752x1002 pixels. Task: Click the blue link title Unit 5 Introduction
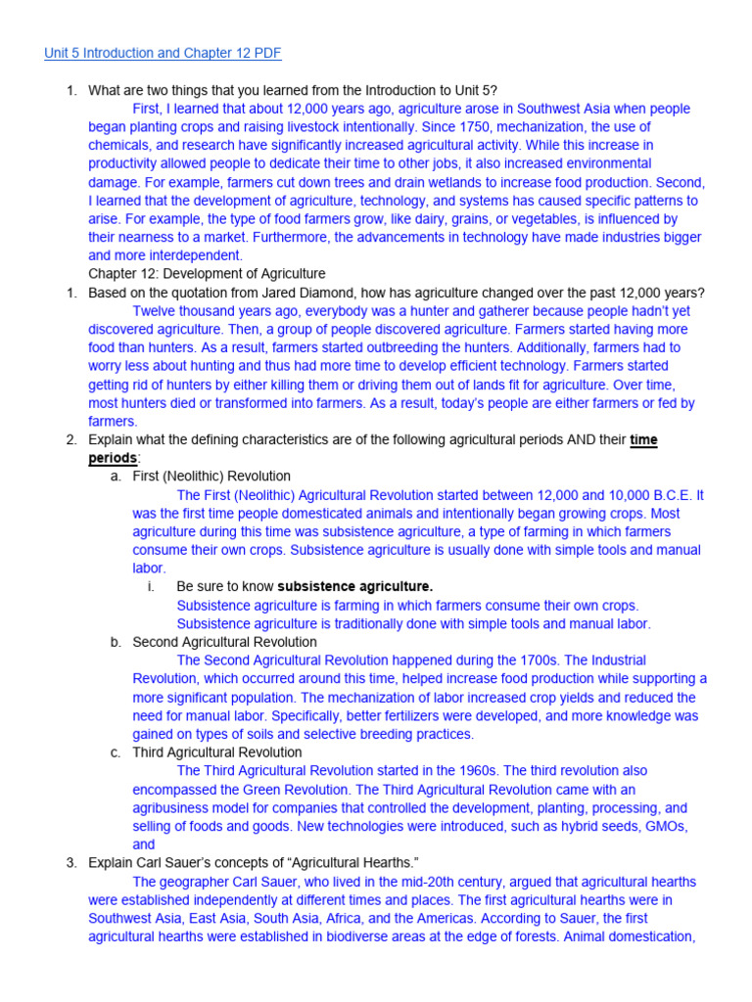pos(164,52)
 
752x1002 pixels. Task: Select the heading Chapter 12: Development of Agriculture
pos(207,274)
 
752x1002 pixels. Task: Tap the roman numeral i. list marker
pos(151,587)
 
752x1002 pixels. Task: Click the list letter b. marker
pos(116,642)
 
